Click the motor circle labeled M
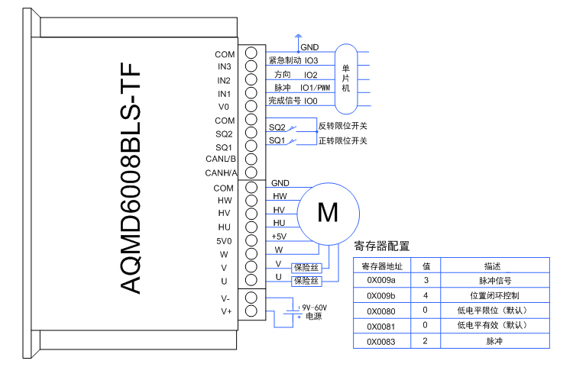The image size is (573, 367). click(327, 212)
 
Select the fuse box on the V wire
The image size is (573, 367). click(306, 267)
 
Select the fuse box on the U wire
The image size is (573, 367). click(306, 280)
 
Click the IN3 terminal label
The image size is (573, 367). click(225, 67)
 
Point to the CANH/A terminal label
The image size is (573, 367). click(222, 172)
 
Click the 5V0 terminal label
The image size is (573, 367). click(224, 240)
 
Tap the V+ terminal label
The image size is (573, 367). click(225, 311)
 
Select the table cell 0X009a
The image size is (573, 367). click(382, 281)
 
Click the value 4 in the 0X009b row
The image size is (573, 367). click(426, 295)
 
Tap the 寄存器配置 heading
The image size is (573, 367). click(382, 246)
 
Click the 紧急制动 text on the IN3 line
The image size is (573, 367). click(283, 60)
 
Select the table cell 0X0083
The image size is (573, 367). click(382, 340)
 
